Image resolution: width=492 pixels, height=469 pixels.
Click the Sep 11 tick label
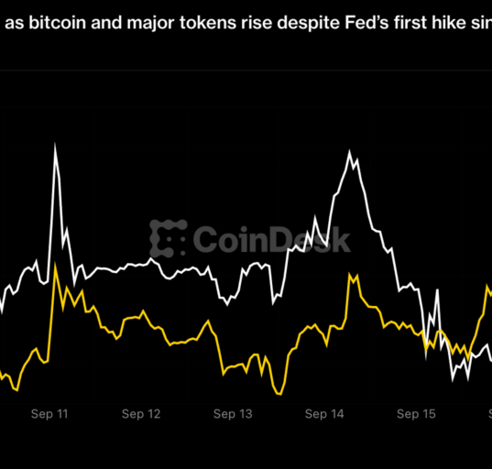[49, 414]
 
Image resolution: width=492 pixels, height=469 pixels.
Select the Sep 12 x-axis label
[141, 414]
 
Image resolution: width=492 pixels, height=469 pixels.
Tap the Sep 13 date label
[233, 414]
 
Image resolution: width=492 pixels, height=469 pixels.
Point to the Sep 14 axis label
[324, 414]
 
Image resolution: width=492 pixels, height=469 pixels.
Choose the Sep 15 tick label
[416, 414]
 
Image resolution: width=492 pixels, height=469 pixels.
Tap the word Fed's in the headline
[366, 23]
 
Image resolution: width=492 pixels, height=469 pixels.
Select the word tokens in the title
[208, 23]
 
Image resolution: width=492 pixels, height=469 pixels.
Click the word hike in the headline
[449, 23]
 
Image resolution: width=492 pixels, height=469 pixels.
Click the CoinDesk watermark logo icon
[168, 238]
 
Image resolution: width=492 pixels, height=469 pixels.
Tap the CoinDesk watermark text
[272, 240]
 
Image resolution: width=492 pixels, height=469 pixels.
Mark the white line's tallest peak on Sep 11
[55, 145]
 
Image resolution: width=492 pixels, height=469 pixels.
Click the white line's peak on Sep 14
[350, 152]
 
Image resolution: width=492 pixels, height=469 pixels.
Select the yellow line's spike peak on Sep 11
[55, 265]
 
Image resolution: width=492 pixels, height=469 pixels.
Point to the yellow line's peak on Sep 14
[350, 275]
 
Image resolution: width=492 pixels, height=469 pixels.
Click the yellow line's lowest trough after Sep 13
[279, 394]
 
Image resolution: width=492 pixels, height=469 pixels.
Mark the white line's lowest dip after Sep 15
[453, 380]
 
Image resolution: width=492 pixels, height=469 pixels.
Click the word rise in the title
[257, 23]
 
